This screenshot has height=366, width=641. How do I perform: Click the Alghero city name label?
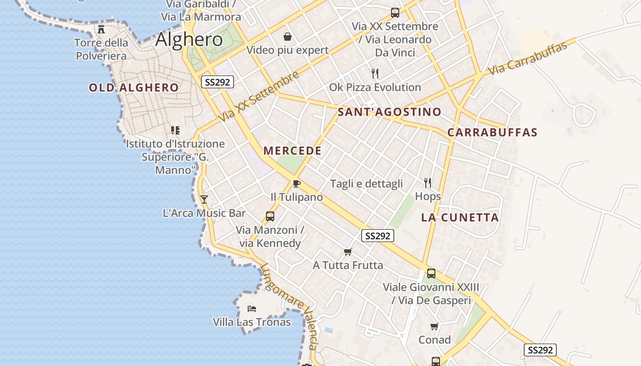pyautogui.click(x=189, y=40)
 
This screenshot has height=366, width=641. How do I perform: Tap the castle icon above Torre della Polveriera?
pyautogui.click(x=101, y=30)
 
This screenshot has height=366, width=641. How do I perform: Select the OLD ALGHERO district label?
pyautogui.click(x=134, y=87)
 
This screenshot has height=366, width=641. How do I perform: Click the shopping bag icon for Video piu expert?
pyautogui.click(x=288, y=37)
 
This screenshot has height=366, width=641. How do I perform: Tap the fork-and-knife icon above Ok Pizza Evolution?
pyautogui.click(x=375, y=73)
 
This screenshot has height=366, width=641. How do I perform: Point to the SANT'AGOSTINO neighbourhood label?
pyautogui.click(x=389, y=112)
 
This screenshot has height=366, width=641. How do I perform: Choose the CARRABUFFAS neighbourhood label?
pyautogui.click(x=492, y=133)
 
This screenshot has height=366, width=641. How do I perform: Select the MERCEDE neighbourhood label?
pyautogui.click(x=293, y=151)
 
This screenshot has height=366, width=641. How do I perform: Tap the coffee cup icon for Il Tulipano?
pyautogui.click(x=296, y=184)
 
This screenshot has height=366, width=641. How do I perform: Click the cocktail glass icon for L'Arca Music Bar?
pyautogui.click(x=204, y=199)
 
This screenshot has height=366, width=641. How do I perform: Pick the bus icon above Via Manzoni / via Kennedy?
pyautogui.click(x=270, y=216)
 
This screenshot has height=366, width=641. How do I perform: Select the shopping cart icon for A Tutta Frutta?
pyautogui.click(x=348, y=252)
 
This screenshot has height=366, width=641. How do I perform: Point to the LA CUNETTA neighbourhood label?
pyautogui.click(x=460, y=217)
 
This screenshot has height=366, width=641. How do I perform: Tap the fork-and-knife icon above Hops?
pyautogui.click(x=428, y=183)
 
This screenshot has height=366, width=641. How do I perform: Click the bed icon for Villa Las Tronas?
pyautogui.click(x=251, y=309)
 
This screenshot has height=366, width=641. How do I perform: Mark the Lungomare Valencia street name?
pyautogui.click(x=289, y=307)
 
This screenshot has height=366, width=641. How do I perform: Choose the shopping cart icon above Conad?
pyautogui.click(x=434, y=326)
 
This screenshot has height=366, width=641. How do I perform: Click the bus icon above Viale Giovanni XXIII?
pyautogui.click(x=431, y=274)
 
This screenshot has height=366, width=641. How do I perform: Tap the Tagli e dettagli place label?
pyautogui.click(x=367, y=184)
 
